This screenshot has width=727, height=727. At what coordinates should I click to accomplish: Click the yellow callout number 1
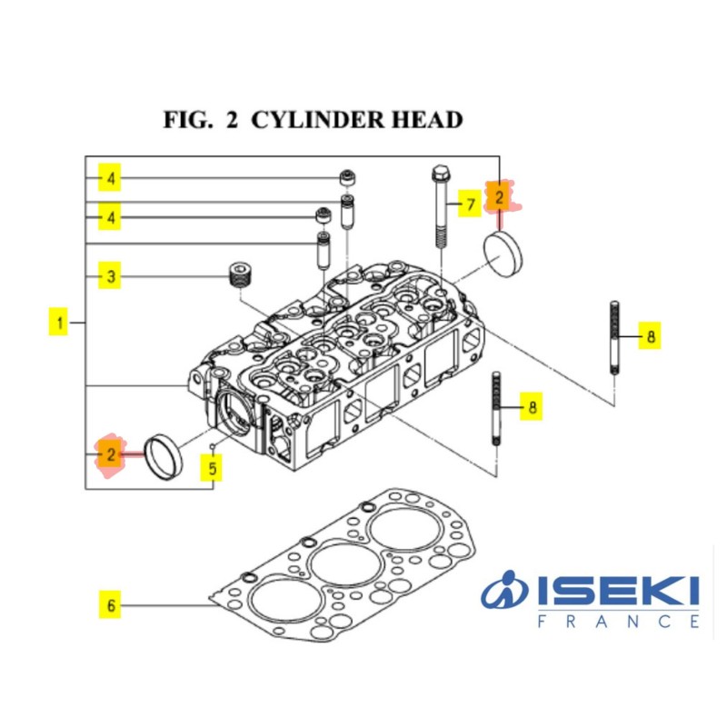pos(59,322)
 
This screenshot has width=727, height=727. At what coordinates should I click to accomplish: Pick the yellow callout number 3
pos(109,275)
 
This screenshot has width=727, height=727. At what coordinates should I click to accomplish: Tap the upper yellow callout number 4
pos(109,178)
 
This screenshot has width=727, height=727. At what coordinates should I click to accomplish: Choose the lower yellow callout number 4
pos(109,217)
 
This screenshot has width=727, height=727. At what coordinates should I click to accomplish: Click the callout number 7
pos(469,204)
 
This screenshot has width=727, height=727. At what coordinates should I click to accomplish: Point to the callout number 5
pos(212,469)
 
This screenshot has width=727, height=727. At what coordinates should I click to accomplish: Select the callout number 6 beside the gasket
pos(109,604)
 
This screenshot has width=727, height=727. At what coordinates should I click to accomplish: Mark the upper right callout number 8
pos(649,336)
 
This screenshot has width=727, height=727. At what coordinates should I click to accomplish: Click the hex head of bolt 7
pos(440,173)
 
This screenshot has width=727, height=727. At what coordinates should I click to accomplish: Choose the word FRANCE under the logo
pos(618,622)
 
